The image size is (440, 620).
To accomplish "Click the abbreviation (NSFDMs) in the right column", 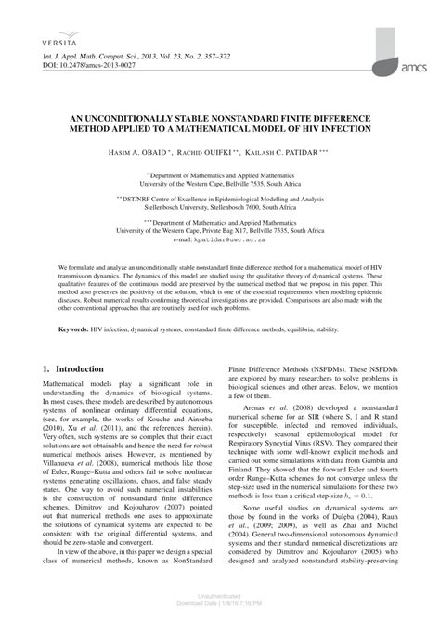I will point(326,392).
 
